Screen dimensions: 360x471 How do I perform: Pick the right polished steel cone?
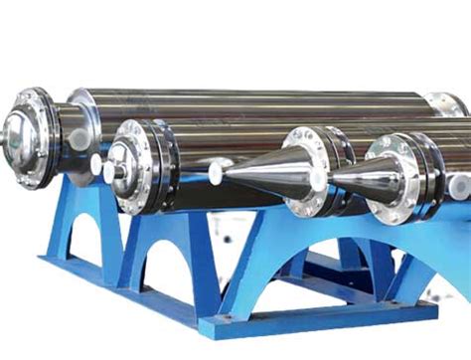tap(363, 178)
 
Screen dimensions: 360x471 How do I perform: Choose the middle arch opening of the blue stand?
tap(165, 262)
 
